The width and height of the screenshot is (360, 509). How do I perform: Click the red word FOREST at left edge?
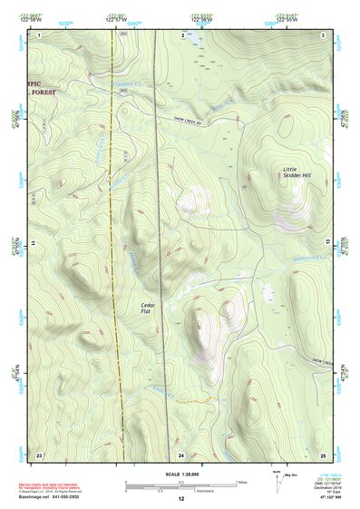point(39,93)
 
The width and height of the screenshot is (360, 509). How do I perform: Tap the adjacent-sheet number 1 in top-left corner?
point(39,34)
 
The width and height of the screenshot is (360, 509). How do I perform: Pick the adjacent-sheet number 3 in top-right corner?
point(324,34)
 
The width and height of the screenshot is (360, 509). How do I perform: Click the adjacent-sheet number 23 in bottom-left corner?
point(39,454)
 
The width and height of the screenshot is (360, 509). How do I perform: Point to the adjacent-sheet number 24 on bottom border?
point(181,454)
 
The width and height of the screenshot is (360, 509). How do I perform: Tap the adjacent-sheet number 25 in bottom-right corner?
point(323,454)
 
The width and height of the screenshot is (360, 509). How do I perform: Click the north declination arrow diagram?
point(277,477)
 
